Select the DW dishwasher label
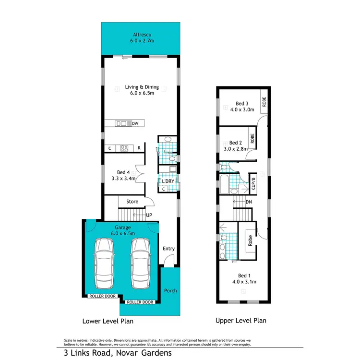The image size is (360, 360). click(x=135, y=124)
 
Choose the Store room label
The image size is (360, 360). click(x=132, y=202)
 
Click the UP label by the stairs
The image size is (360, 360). click(x=149, y=215)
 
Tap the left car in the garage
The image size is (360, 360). click(x=105, y=263)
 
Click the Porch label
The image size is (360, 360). click(x=170, y=290)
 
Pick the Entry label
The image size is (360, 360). click(x=168, y=249)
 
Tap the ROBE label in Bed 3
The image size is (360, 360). click(x=264, y=102)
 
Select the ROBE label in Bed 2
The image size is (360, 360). click(x=252, y=139)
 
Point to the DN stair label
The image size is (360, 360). click(x=249, y=202)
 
